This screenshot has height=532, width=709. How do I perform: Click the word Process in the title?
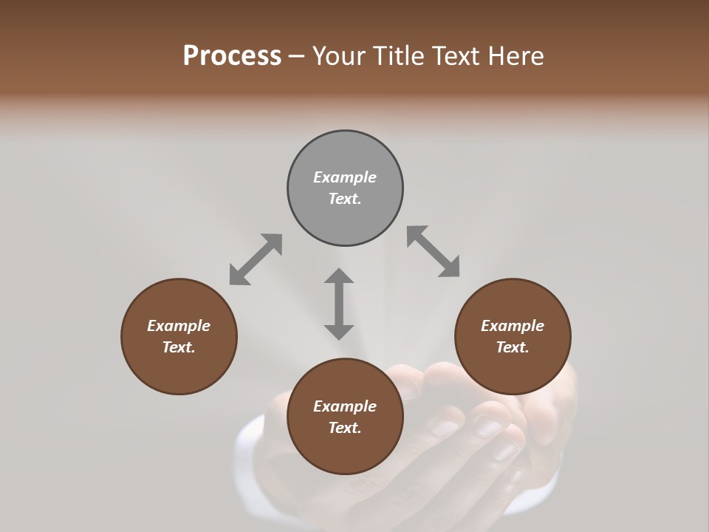232,56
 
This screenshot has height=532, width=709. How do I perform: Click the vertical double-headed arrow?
339,304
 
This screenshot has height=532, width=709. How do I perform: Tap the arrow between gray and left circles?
256,259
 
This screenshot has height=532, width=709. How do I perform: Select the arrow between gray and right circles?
433,251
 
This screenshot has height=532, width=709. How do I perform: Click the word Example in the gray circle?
345,177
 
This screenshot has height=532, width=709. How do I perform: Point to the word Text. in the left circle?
179,347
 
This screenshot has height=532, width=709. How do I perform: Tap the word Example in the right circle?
513,326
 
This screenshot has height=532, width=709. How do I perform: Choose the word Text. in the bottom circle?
345,428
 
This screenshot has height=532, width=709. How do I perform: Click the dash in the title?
297,57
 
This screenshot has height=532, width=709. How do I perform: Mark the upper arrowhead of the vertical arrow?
339,276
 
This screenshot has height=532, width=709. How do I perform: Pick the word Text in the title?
458,56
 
